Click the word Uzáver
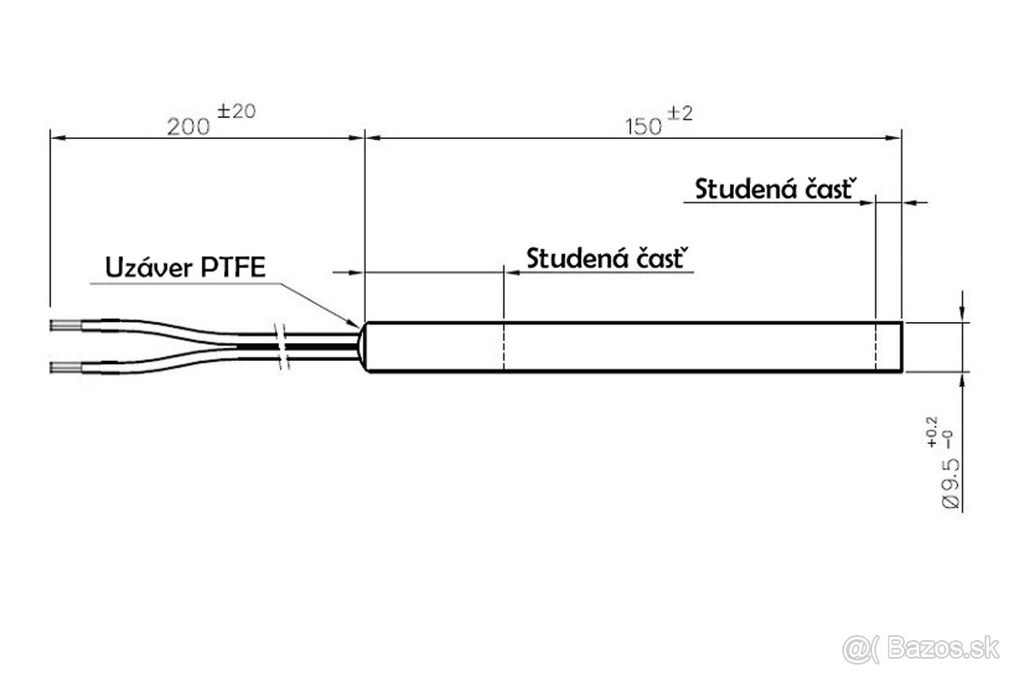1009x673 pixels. (148, 268)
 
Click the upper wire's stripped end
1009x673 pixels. (66, 323)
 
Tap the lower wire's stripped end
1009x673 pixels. (66, 367)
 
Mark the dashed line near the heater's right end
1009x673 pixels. (876, 347)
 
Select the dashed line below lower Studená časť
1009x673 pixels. (502, 347)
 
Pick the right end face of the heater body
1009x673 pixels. (901, 347)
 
